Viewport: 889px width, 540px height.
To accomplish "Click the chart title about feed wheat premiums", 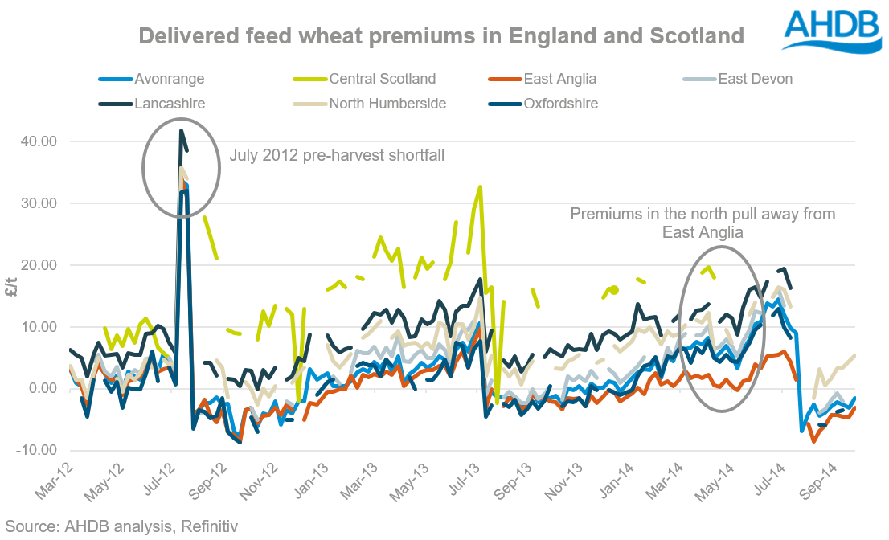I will (x=440, y=36).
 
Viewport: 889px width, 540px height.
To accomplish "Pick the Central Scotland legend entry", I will (x=382, y=79).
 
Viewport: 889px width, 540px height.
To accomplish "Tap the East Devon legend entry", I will (x=755, y=79).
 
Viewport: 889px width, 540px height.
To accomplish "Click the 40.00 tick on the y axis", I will (x=38, y=141).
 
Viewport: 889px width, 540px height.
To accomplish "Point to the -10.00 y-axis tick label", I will (x=35, y=450).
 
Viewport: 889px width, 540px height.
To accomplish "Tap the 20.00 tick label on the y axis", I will (x=38, y=265).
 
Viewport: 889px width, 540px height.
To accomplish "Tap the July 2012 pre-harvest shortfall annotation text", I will (x=337, y=155).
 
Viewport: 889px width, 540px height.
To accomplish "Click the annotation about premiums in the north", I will (x=703, y=223).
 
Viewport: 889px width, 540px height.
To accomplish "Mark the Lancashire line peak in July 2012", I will (x=182, y=130).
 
